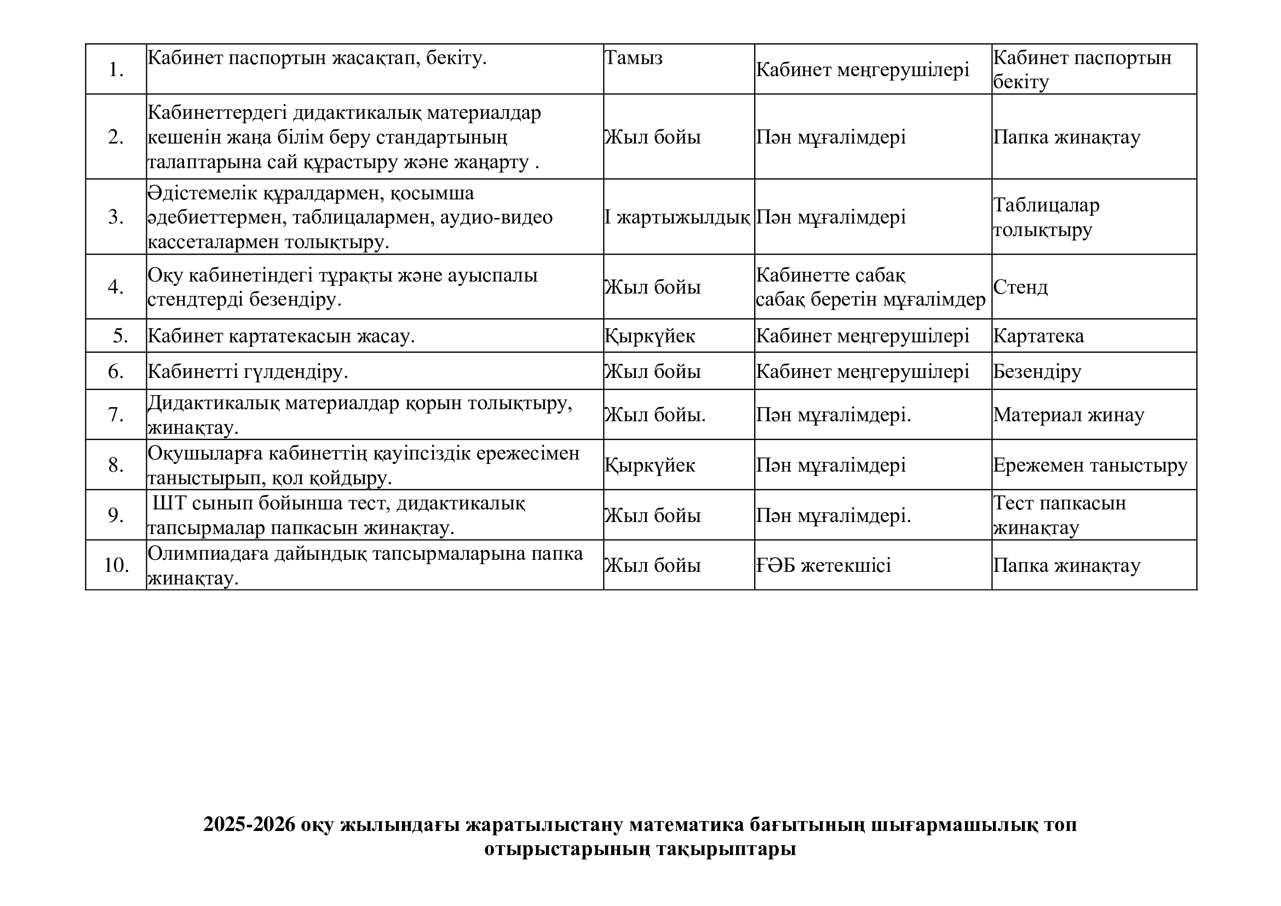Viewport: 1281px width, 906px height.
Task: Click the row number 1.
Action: pos(116,70)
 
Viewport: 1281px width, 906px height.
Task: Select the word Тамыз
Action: pos(634,58)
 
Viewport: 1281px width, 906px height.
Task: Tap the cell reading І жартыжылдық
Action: pos(677,217)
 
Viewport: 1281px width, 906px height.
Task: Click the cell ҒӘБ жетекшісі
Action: pos(824,566)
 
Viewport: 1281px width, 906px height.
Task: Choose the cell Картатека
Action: pos(1038,336)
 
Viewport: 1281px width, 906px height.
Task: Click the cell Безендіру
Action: pos(1037,371)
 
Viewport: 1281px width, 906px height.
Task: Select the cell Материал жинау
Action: pos(1069,415)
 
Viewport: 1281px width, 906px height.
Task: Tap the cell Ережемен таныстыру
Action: pos(1090,465)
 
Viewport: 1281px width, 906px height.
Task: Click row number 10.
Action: pos(116,566)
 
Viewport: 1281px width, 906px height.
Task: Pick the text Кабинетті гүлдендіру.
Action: pos(248,371)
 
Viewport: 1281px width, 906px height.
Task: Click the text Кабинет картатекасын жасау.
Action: pos(281,336)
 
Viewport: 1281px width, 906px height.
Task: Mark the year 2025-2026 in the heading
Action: pos(249,824)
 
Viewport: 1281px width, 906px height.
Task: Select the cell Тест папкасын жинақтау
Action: pos(1060,515)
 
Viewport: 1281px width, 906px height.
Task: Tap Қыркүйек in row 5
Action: pos(650,336)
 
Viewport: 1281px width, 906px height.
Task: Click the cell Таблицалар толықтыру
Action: pos(1046,217)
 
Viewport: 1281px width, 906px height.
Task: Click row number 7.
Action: pos(116,415)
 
